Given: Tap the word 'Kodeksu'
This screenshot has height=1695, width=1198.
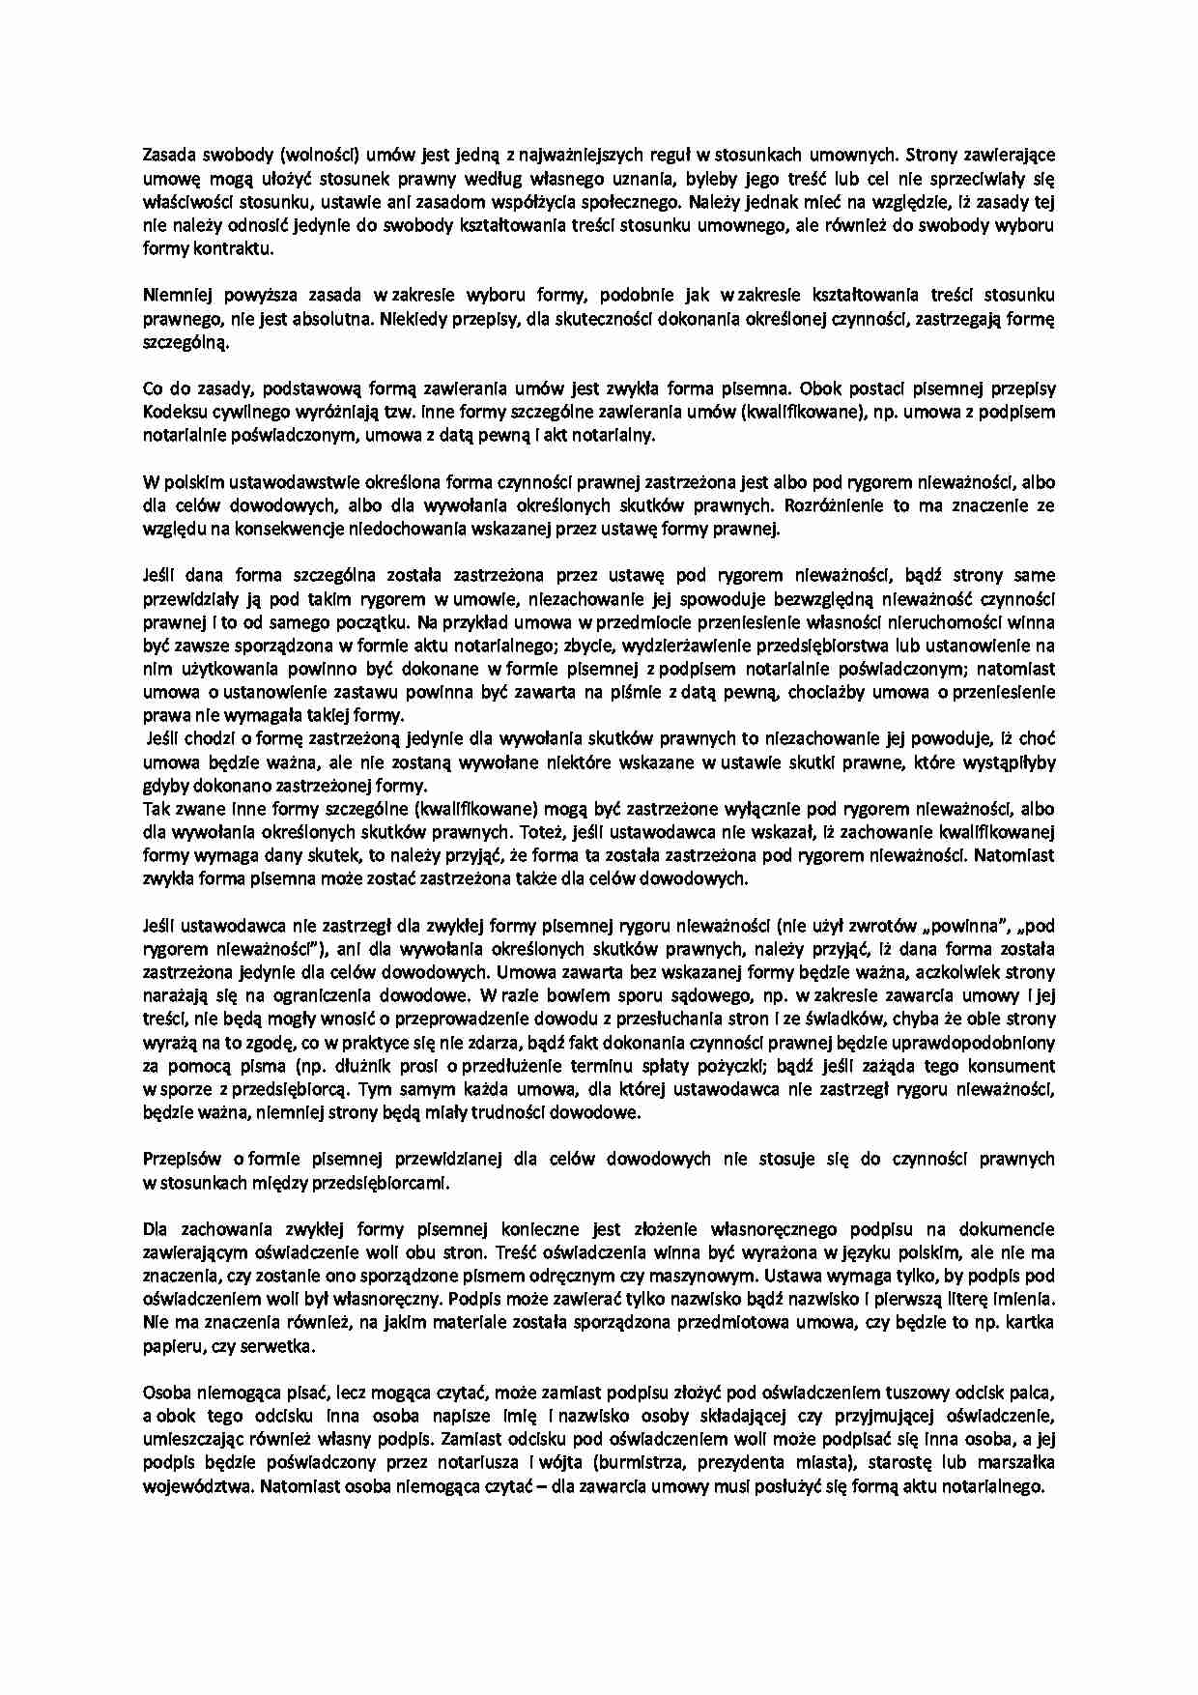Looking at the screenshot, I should pos(174,412).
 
